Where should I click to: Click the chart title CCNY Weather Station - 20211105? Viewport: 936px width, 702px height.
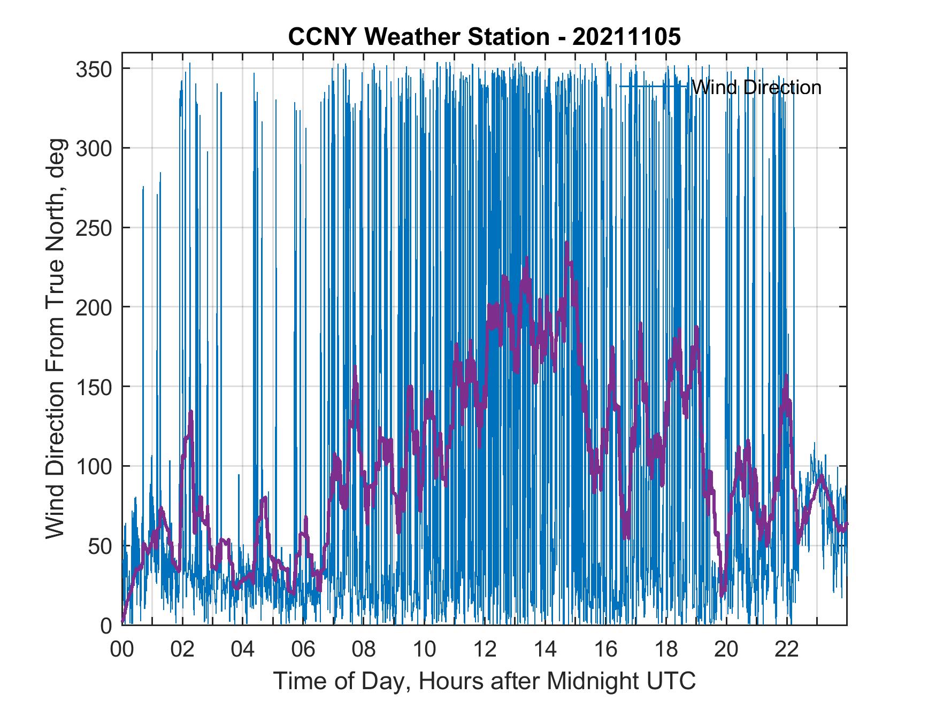click(x=484, y=37)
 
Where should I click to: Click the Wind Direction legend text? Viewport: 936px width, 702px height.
click(x=756, y=87)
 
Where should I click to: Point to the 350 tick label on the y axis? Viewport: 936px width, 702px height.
click(x=94, y=69)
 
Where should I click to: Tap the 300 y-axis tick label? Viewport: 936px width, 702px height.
click(x=94, y=148)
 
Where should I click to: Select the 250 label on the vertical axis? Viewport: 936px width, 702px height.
click(x=94, y=228)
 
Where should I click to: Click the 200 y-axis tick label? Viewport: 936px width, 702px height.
click(x=94, y=307)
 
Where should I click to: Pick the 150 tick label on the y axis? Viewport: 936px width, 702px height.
click(x=94, y=387)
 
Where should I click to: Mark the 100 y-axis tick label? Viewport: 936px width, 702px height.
click(x=94, y=466)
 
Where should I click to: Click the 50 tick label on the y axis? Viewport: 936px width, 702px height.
click(x=101, y=546)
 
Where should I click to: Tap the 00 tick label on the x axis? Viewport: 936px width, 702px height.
click(x=122, y=650)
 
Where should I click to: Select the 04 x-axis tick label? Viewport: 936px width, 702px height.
click(x=243, y=650)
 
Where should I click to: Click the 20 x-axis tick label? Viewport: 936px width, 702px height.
click(x=726, y=650)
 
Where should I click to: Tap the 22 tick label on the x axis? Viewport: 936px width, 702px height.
click(x=787, y=650)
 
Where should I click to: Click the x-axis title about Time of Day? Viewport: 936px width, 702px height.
click(x=485, y=681)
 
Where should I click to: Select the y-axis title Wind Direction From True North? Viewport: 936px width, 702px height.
click(x=55, y=339)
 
